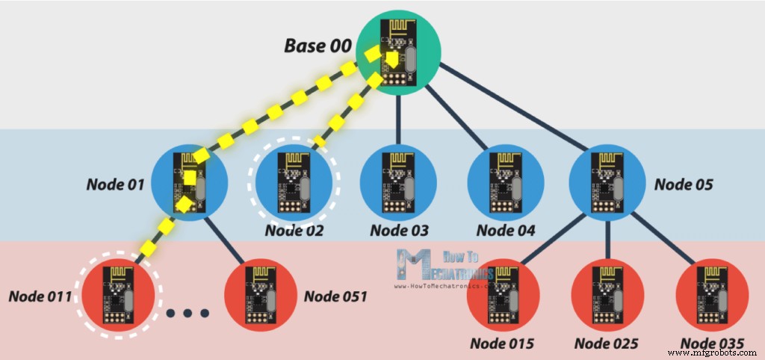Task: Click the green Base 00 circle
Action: tap(398, 52)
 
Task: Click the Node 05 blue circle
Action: tap(607, 182)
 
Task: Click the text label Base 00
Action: tap(316, 45)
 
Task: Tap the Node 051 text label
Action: tap(335, 297)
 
